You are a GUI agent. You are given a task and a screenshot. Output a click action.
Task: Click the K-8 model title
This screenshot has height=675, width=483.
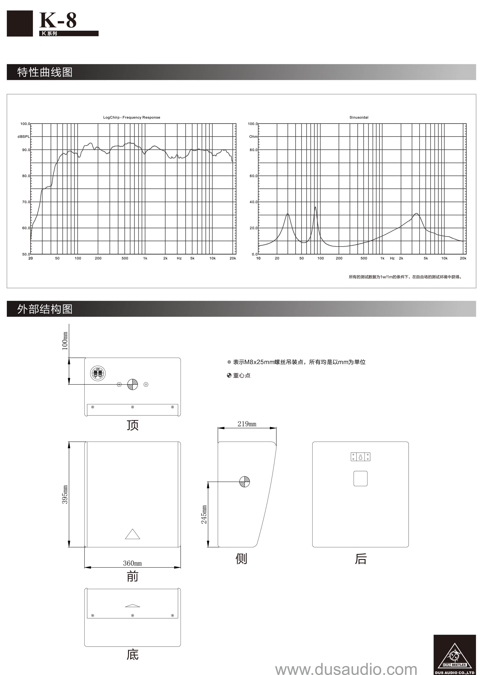coord(58,20)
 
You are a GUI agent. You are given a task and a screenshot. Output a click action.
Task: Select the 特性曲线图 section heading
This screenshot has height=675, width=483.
coord(45,72)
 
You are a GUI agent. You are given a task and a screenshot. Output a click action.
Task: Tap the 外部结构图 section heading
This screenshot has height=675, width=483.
coord(45,309)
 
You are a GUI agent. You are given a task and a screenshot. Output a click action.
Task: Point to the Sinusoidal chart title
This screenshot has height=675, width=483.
coord(359,117)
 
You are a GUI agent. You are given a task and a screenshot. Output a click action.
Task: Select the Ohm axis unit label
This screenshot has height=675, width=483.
coord(253,137)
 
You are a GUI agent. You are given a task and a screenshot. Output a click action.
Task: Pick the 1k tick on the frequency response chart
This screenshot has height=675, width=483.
coord(145,258)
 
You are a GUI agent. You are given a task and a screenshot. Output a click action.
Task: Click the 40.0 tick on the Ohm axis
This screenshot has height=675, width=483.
coord(253,202)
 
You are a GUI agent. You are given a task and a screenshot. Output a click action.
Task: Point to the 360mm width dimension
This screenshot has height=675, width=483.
coord(132,563)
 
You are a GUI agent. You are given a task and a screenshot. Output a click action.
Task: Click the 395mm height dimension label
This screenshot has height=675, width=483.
coord(65,495)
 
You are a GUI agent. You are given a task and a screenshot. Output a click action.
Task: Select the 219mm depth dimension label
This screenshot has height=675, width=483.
coord(247,424)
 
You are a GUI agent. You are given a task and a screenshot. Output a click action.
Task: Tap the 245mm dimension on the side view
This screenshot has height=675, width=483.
coord(204,514)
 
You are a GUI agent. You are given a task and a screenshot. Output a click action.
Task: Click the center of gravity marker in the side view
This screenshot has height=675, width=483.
coord(244,482)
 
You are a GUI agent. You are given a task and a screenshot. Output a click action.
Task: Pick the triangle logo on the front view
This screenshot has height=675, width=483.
coord(133,534)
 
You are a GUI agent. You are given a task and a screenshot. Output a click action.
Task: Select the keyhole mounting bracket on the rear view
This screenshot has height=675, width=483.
coord(360,457)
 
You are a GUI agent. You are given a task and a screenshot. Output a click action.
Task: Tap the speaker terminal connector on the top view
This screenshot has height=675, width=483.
coord(98,373)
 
